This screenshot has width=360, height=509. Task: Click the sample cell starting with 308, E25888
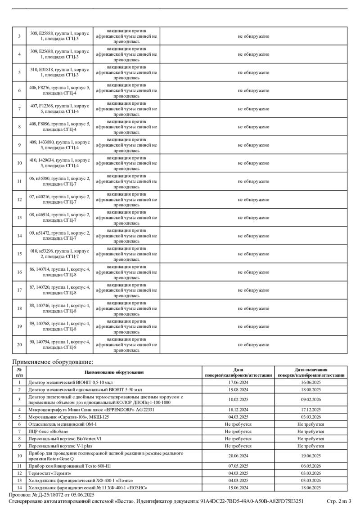point(60,36)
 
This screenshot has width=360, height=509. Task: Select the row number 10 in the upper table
point(19,163)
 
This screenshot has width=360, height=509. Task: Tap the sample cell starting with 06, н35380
point(60,181)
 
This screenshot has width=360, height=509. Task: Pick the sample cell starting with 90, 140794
point(60,344)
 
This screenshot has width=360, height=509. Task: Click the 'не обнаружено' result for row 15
point(253,254)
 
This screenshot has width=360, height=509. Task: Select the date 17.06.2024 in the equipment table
point(238,383)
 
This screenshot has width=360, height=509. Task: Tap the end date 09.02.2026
point(310,399)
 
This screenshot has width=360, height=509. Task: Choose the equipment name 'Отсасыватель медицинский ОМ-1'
point(63,424)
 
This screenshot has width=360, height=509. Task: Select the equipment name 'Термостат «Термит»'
point(50,473)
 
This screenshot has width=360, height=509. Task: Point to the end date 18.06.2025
point(310,487)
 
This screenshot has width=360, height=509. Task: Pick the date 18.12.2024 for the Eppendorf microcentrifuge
point(238,410)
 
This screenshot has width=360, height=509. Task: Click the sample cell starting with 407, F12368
point(60,108)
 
